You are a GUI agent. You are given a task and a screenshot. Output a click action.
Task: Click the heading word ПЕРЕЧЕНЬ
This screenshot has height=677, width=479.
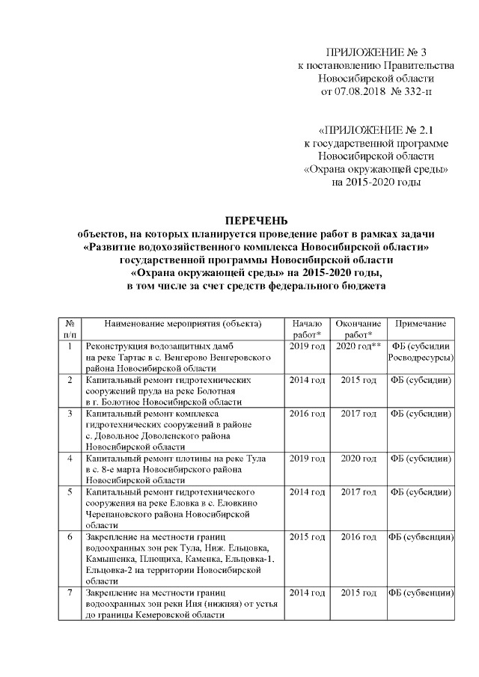click(257, 221)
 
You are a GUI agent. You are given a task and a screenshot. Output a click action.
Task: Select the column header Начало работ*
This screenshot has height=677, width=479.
click(307, 329)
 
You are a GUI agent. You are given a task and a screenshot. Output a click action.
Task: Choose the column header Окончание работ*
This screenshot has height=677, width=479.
click(358, 329)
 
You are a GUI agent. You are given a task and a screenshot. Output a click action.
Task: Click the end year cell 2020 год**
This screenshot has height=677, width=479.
click(359, 347)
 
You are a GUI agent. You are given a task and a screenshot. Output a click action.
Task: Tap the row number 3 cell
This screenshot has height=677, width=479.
click(70, 412)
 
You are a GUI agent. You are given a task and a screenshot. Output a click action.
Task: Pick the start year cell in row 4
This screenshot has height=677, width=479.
click(307, 456)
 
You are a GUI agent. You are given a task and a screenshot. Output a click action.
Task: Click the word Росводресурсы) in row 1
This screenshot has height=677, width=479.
click(421, 358)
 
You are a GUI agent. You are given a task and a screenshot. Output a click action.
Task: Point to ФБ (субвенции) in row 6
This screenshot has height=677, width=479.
click(421, 537)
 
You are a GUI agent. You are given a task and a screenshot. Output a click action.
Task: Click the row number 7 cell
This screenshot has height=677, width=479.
click(70, 592)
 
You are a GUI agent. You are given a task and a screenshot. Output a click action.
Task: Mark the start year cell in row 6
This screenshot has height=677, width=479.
click(307, 537)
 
